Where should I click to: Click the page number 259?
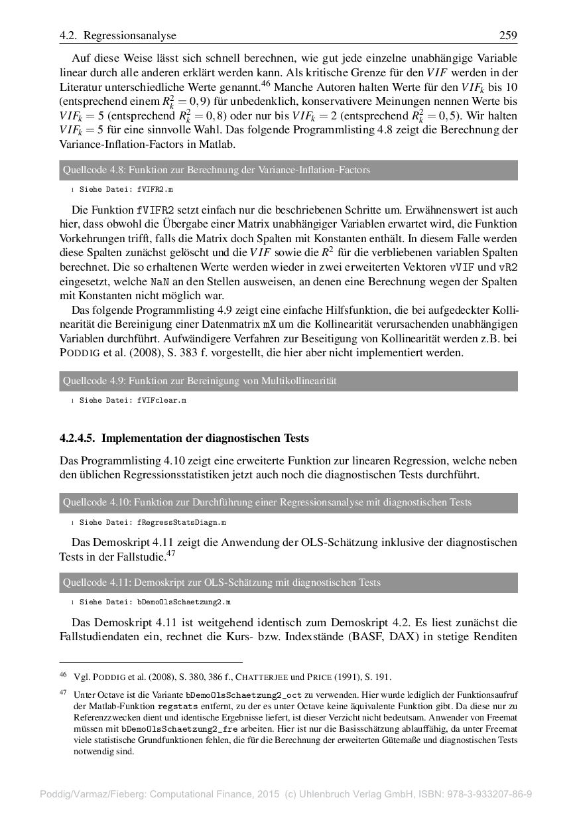507,35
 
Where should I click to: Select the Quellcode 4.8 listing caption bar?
288,170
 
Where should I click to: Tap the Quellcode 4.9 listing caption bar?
288,381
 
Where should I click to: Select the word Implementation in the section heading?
137,439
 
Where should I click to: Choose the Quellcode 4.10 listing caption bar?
288,502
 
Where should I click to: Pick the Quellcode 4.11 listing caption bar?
288,582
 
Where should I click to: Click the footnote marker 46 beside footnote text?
63,676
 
